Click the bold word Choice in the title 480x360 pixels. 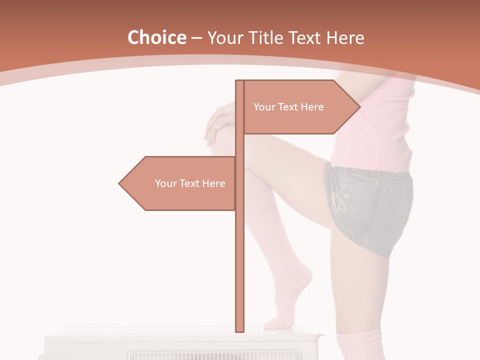click(x=156, y=38)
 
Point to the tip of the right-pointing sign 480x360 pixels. click(x=359, y=107)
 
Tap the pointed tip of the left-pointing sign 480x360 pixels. click(x=119, y=183)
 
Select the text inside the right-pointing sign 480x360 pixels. click(x=288, y=107)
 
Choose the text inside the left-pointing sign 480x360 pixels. click(x=190, y=183)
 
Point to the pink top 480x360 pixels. click(x=375, y=130)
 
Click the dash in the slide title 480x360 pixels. click(x=196, y=38)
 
